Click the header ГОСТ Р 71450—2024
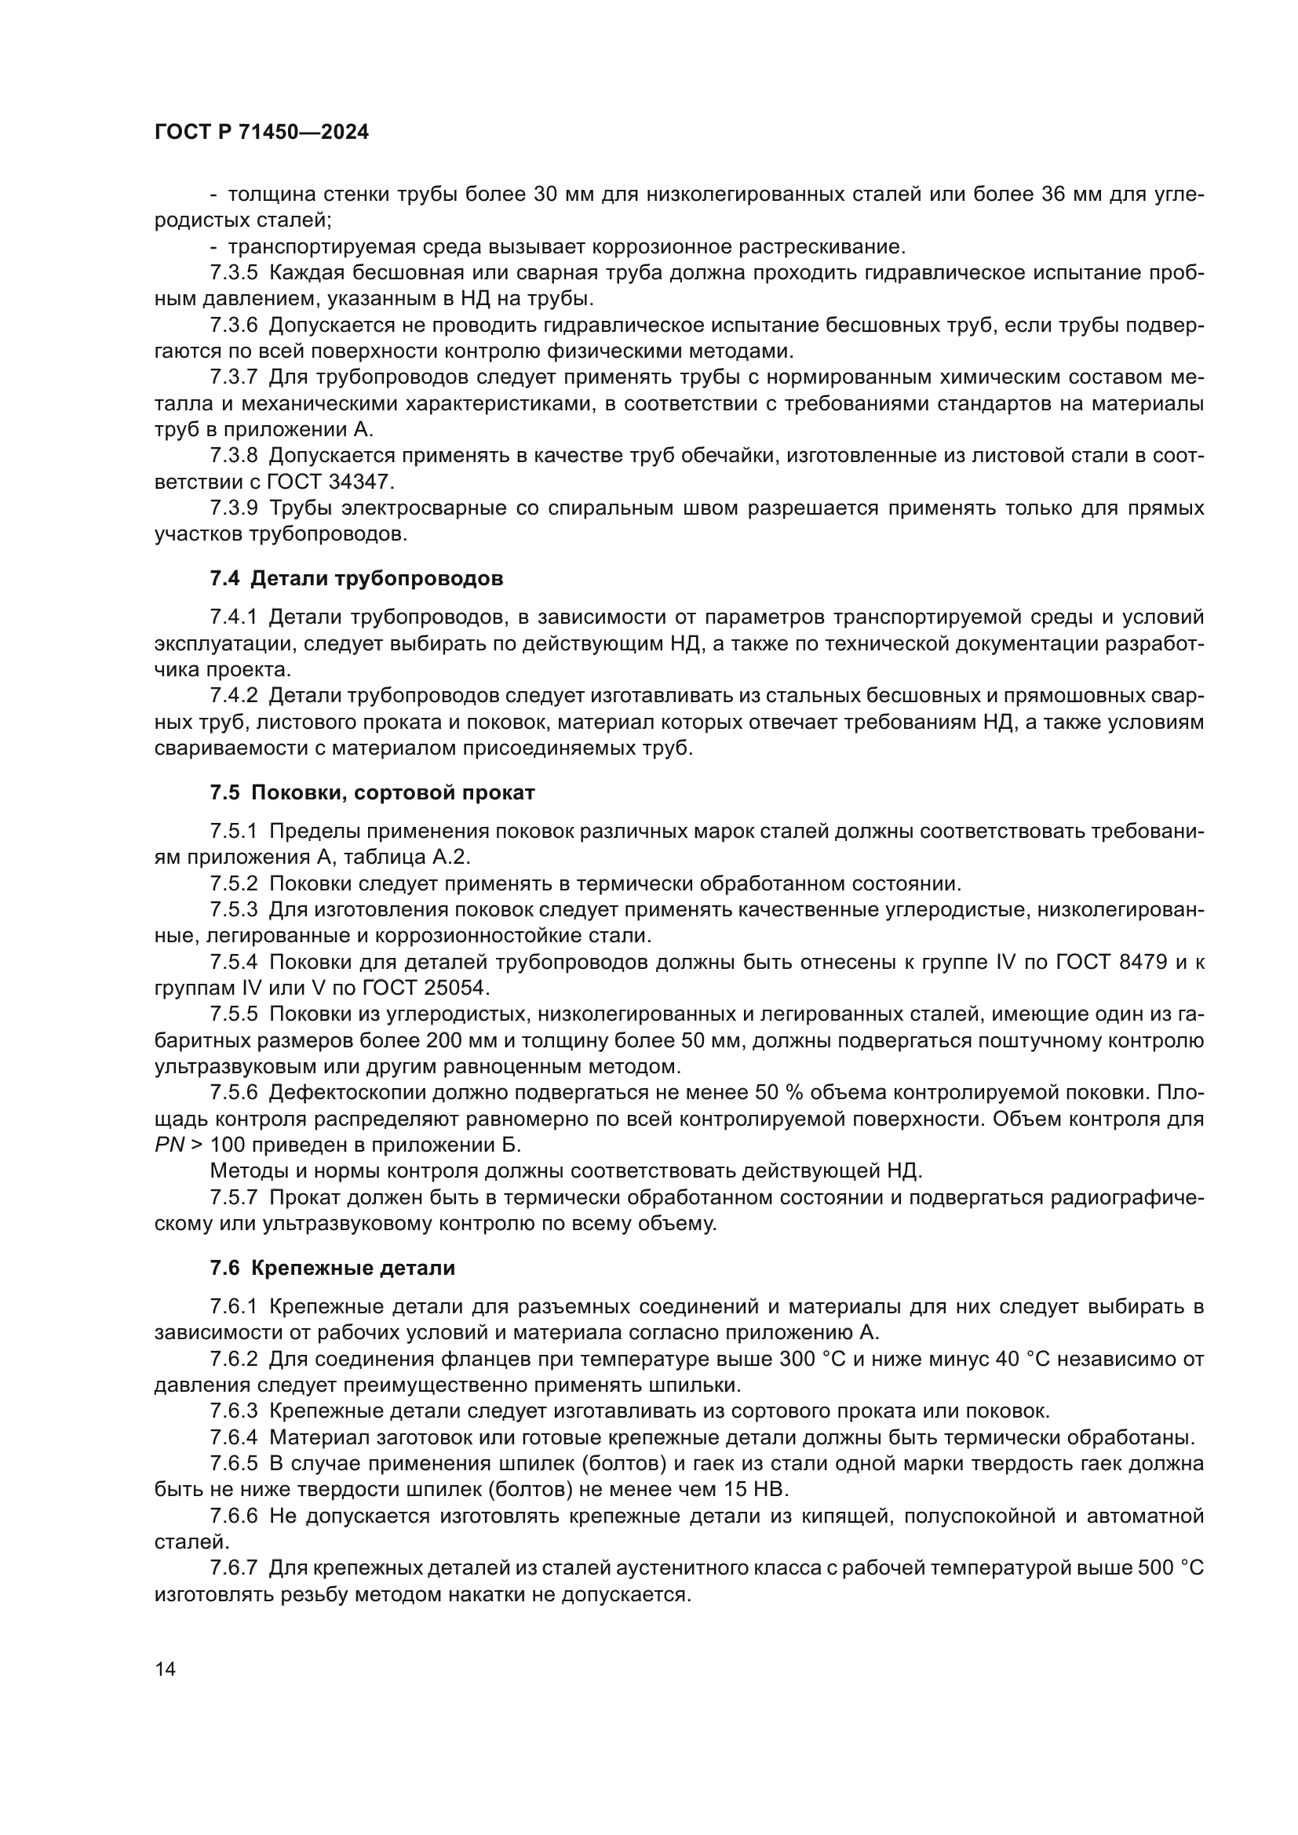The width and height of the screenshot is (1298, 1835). tap(261, 133)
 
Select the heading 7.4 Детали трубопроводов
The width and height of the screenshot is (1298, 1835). tap(356, 579)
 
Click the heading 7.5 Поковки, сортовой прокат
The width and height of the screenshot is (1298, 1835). tap(373, 793)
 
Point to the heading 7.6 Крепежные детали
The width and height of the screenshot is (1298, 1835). tap(333, 1268)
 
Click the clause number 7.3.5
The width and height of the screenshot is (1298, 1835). tap(233, 273)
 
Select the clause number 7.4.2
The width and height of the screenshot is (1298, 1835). tap(233, 696)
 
